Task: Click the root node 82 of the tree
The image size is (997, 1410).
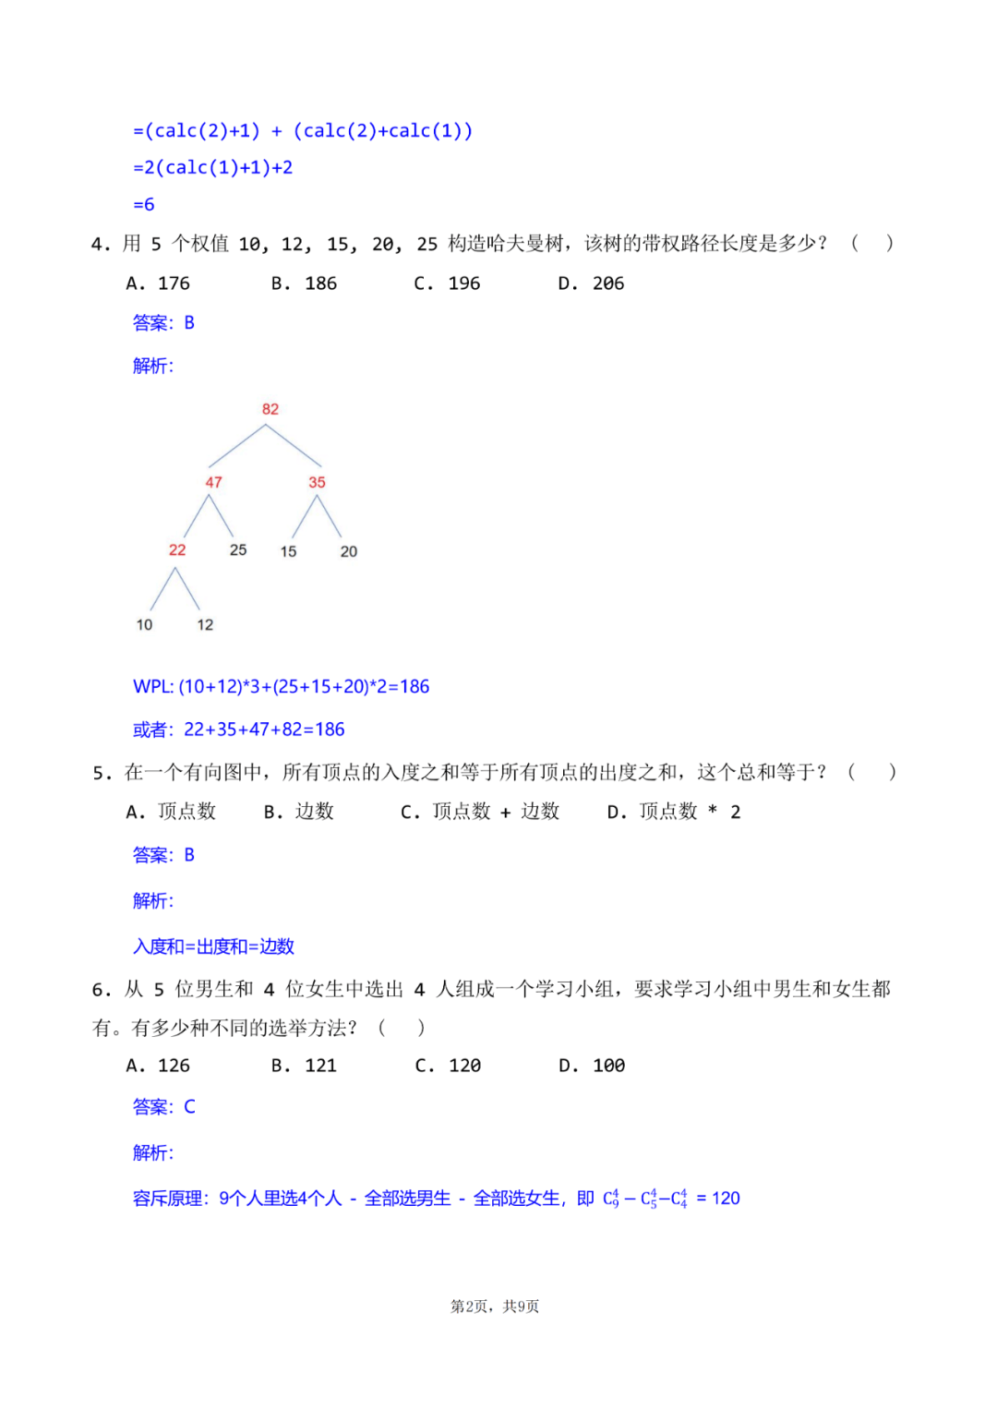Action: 270,409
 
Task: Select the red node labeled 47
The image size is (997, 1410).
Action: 213,482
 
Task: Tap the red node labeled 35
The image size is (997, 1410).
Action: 317,482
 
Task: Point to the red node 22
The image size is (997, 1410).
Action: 177,550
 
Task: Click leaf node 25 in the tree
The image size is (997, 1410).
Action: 238,550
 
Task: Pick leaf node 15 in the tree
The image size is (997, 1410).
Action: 288,551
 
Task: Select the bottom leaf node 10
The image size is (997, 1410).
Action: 144,625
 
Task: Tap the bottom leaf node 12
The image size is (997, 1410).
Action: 205,625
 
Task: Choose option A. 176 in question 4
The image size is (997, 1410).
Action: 158,283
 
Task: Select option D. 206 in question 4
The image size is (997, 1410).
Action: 591,283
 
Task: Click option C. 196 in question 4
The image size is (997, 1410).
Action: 447,283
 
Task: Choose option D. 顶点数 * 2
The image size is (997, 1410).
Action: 674,812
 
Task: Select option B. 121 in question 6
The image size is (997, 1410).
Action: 304,1066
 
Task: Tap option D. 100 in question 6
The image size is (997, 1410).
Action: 592,1066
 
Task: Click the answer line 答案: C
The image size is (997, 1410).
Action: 164,1106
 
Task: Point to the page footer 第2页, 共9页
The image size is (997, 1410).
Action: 495,1306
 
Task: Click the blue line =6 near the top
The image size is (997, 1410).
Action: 144,205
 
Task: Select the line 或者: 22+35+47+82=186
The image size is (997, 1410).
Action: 238,729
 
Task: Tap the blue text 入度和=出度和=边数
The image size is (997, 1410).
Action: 213,946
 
